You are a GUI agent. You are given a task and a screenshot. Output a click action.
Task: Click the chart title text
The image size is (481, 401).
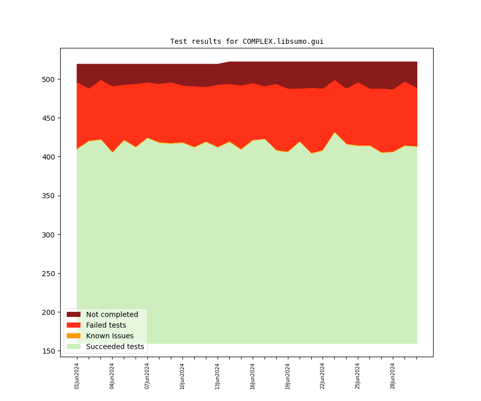(247, 41)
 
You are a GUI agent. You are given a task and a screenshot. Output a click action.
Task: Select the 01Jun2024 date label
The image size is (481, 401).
(77, 376)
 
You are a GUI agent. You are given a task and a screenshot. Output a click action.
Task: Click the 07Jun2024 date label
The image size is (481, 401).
(147, 376)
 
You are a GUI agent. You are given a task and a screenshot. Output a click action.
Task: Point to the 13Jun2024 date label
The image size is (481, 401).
(218, 376)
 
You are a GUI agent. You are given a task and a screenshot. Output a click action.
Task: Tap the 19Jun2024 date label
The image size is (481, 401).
(287, 376)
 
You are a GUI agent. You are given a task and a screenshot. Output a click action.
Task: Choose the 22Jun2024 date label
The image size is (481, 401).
(323, 376)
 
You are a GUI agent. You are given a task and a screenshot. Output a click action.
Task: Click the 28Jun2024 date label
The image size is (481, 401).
(393, 376)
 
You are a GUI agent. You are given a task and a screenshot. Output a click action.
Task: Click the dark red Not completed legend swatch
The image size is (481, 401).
(73, 314)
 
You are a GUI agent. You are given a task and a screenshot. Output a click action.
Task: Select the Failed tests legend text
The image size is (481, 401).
(106, 325)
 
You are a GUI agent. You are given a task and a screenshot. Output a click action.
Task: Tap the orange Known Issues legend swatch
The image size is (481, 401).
(73, 336)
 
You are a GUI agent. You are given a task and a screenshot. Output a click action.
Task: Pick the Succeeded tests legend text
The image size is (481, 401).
(115, 346)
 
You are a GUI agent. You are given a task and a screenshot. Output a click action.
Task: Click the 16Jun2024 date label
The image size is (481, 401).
(253, 376)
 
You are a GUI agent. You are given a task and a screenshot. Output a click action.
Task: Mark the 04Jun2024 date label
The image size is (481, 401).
(112, 376)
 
